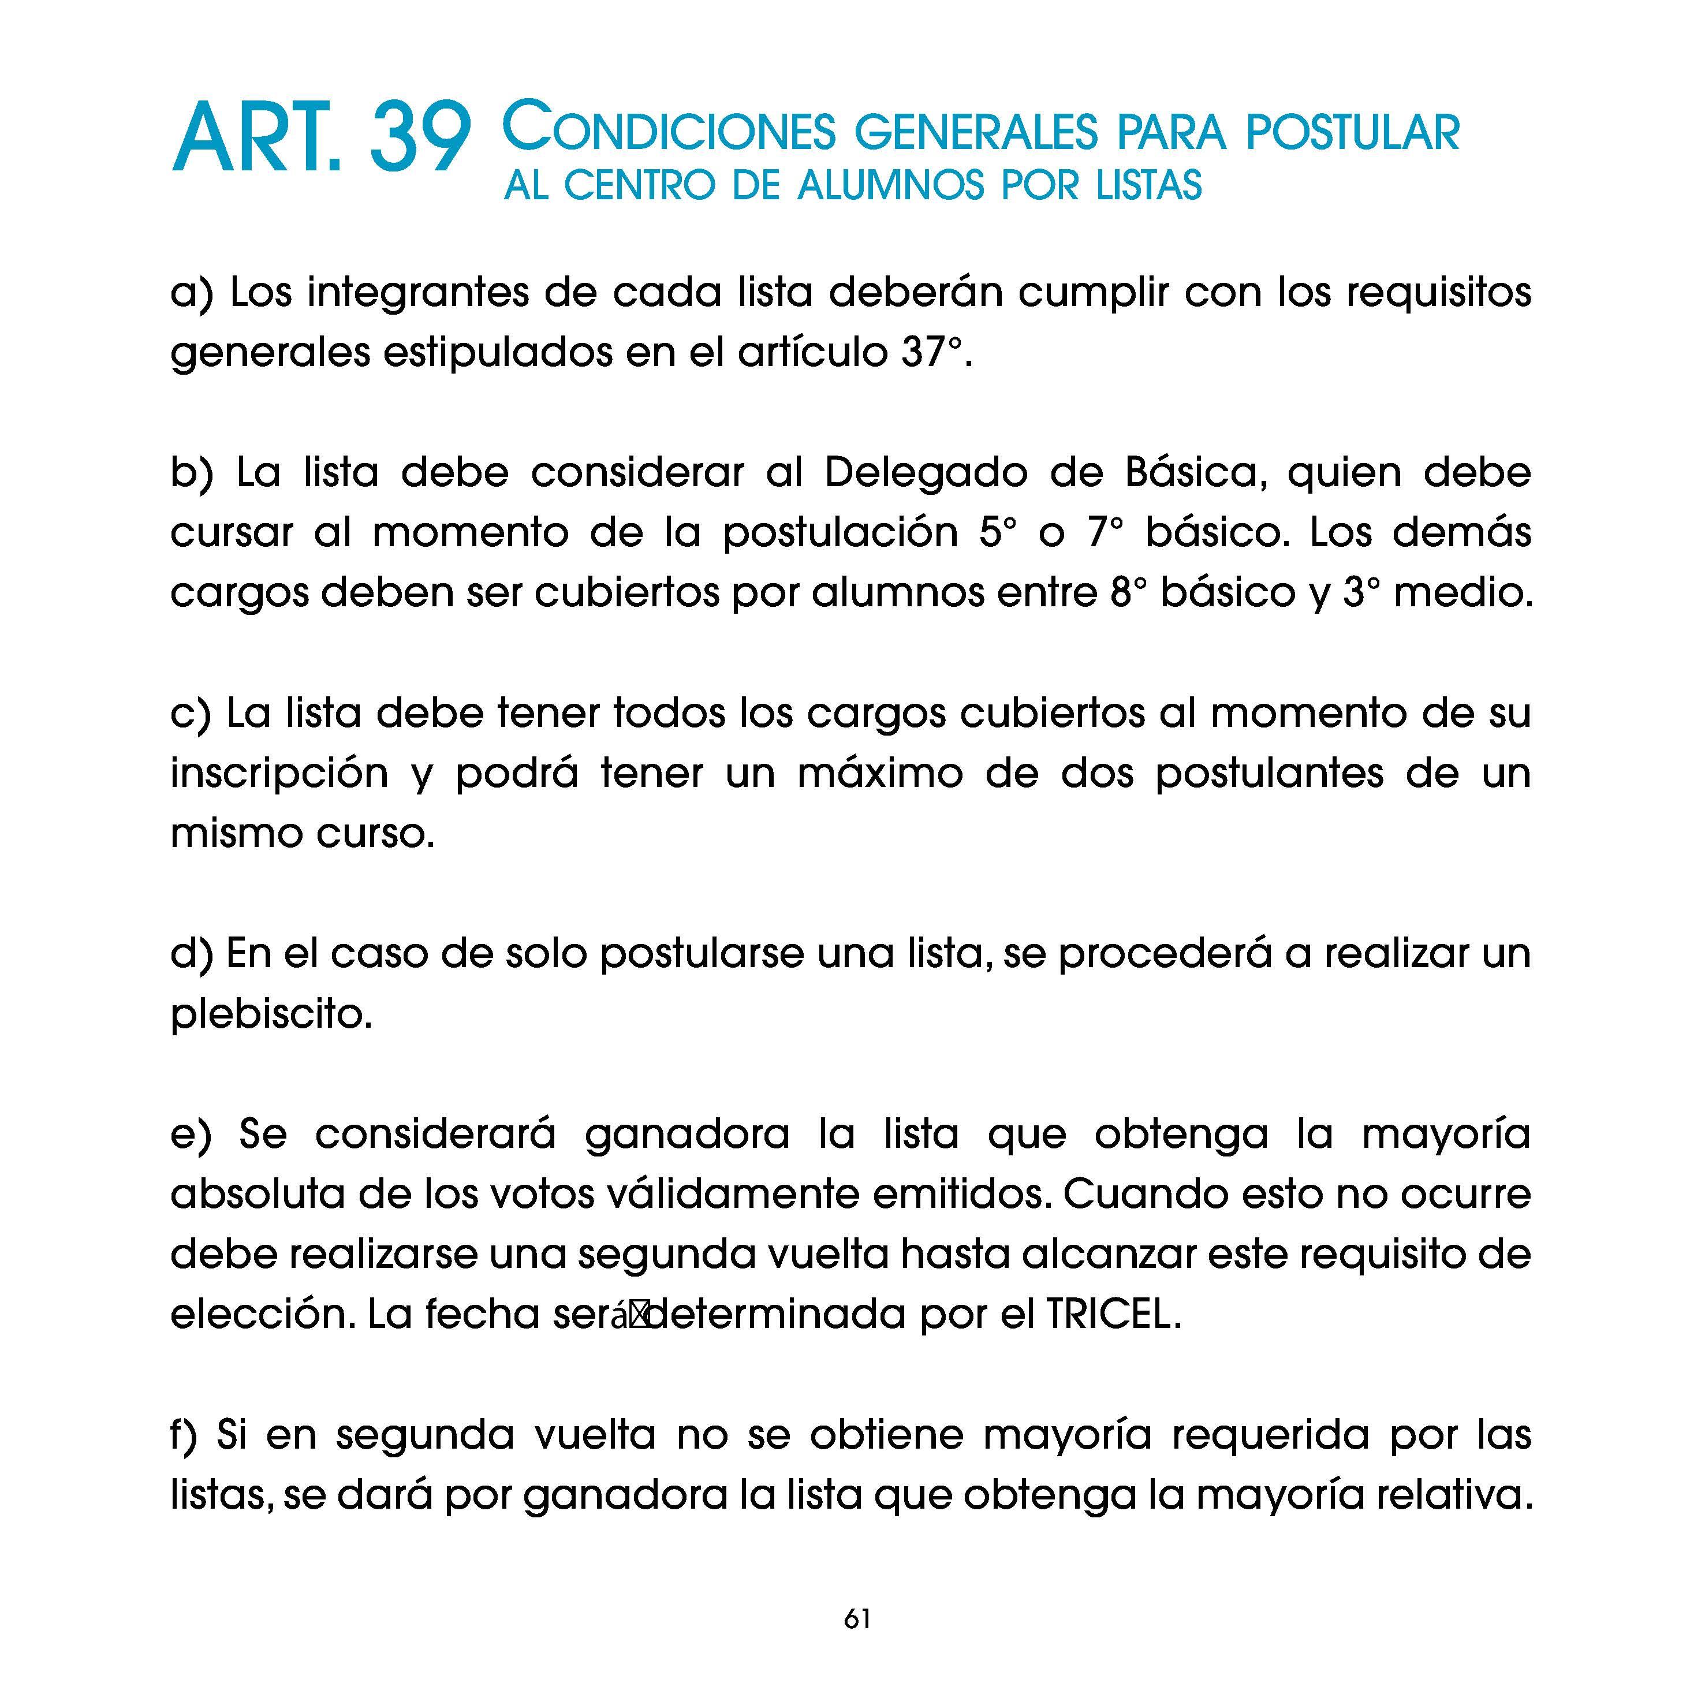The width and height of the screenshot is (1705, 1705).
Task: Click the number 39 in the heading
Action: pyautogui.click(x=418, y=139)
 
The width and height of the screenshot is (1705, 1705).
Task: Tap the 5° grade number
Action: pyautogui.click(x=997, y=533)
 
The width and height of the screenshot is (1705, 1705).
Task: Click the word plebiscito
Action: pyautogui.click(x=271, y=1015)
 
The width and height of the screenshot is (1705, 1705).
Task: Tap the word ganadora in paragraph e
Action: pyautogui.click(x=687, y=1135)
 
